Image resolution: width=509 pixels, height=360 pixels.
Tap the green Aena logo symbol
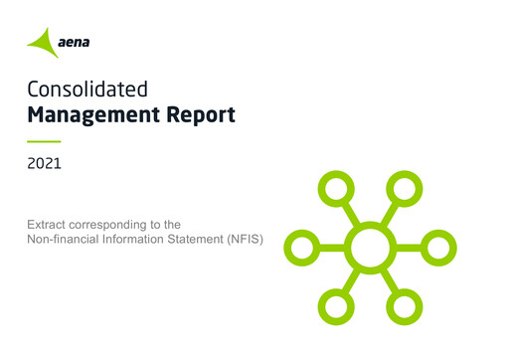(43, 42)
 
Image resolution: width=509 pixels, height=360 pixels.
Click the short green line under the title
(44, 141)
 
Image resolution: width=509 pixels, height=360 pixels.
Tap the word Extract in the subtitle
(48, 226)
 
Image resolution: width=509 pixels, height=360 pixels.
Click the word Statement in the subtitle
(186, 240)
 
